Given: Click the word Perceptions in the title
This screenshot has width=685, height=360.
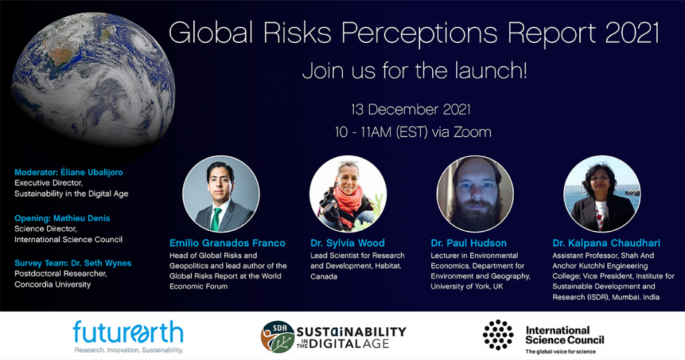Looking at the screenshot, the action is coord(419,33).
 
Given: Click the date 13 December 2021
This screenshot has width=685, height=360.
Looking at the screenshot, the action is coord(411,109).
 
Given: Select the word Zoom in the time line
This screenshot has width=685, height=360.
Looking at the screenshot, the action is coord(472,132).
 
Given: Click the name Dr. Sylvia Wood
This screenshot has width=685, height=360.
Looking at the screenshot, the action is coord(348,243).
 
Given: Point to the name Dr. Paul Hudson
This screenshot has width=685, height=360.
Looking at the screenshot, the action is coord(469,243).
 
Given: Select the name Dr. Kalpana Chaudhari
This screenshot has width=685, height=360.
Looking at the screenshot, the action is coord(606,243).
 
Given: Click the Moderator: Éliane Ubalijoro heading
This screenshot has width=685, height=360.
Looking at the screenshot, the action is coord(69,172).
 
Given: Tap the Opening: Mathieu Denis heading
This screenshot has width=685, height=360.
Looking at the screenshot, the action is coord(62,218).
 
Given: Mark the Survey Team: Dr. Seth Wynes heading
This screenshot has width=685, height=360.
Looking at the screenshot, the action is coord(73,263).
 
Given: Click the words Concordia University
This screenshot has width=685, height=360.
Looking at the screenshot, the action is coord(52,284).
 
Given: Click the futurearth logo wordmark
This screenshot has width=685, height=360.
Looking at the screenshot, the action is coord(128,333).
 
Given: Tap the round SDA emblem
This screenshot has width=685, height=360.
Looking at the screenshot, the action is coord(278,337).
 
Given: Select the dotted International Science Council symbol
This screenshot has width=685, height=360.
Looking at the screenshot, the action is coord(498,335).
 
